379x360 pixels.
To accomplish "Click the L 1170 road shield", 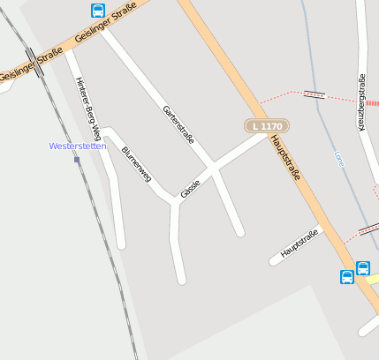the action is coord(266,126).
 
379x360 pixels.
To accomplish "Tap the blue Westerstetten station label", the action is coord(78,146).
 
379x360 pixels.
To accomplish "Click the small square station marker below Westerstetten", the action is coord(77,160).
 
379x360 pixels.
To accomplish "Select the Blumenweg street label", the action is coord(136,164).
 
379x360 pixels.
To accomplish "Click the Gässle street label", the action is coord(190,188).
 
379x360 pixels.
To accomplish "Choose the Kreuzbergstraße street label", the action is coord(362,102).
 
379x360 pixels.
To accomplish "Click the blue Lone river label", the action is coord(338,159).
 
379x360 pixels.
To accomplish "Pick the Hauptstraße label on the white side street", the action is coord(299,244).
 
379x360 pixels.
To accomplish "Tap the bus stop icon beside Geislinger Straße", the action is coord(97,11).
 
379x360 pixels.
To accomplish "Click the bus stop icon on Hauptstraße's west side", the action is coord(347,277).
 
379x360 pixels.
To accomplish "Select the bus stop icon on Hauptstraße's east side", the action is coord(363,267).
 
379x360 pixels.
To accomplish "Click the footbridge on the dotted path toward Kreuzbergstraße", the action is coord(314,94).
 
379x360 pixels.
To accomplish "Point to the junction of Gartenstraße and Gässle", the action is coord(213,165).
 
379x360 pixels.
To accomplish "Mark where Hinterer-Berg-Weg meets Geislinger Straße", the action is coord(68,51).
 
